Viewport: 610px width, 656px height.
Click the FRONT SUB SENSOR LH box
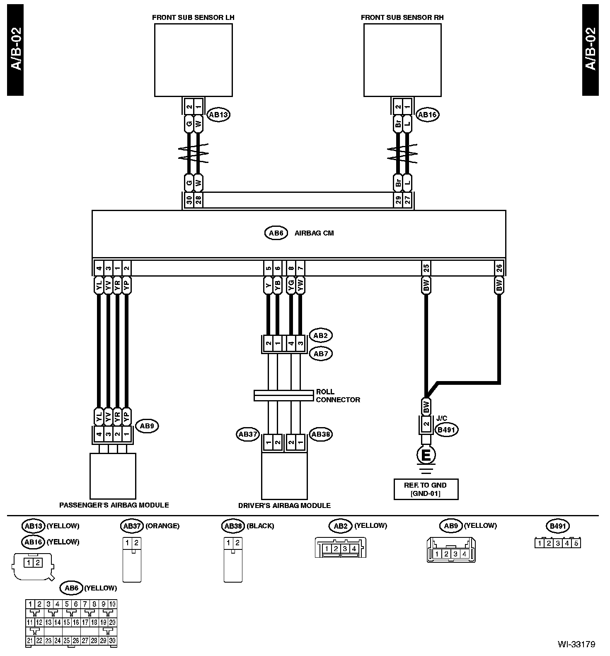(x=193, y=60)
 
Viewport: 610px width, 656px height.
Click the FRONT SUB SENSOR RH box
(x=402, y=60)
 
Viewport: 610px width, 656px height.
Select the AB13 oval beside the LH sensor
(x=218, y=115)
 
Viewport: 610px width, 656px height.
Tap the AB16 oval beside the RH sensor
(x=427, y=115)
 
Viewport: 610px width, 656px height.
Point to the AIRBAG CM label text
(x=314, y=233)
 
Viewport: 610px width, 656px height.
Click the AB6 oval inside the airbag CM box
(x=276, y=233)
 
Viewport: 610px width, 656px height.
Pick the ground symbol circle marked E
(x=426, y=456)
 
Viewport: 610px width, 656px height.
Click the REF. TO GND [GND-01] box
(x=426, y=489)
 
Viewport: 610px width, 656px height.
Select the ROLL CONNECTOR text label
(x=338, y=396)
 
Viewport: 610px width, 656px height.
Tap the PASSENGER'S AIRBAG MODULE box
(x=113, y=476)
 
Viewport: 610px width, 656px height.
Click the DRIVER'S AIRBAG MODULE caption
(x=284, y=505)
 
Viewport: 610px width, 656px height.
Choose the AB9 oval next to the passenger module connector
(x=147, y=426)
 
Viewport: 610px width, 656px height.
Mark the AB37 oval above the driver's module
(x=248, y=435)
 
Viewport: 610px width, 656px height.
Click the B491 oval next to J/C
(x=446, y=430)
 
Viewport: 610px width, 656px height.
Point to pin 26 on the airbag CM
(x=499, y=268)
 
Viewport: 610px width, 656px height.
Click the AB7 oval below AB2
(x=321, y=354)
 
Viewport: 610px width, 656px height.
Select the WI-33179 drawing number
(x=576, y=644)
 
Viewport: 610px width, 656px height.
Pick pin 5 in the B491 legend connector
(x=576, y=543)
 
